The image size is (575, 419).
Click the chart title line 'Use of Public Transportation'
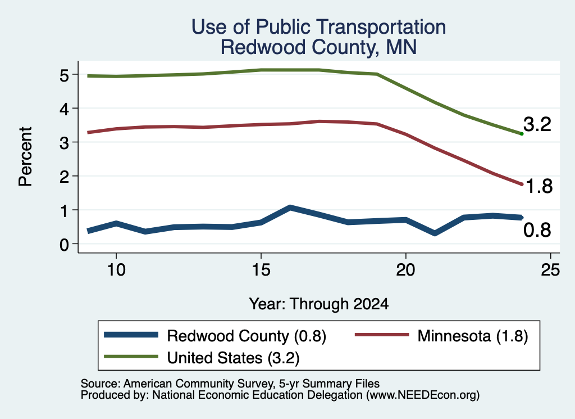[319, 27]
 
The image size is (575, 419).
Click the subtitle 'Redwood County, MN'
[319, 47]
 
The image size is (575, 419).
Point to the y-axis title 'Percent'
[26, 156]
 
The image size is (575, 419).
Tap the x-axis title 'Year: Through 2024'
[319, 304]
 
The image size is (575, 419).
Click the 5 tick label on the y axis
[64, 75]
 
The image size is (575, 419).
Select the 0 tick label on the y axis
[64, 245]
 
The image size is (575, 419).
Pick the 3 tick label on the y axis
[64, 143]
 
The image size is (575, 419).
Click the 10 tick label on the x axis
[116, 270]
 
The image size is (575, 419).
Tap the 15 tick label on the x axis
[261, 270]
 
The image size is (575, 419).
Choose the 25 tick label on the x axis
[550, 270]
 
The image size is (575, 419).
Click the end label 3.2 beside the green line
[537, 124]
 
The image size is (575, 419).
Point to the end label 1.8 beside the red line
[539, 186]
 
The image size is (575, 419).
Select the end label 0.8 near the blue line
[537, 230]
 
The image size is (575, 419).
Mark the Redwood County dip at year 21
[435, 233]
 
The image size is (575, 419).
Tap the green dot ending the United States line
[522, 134]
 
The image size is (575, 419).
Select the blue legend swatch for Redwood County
[131, 335]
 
